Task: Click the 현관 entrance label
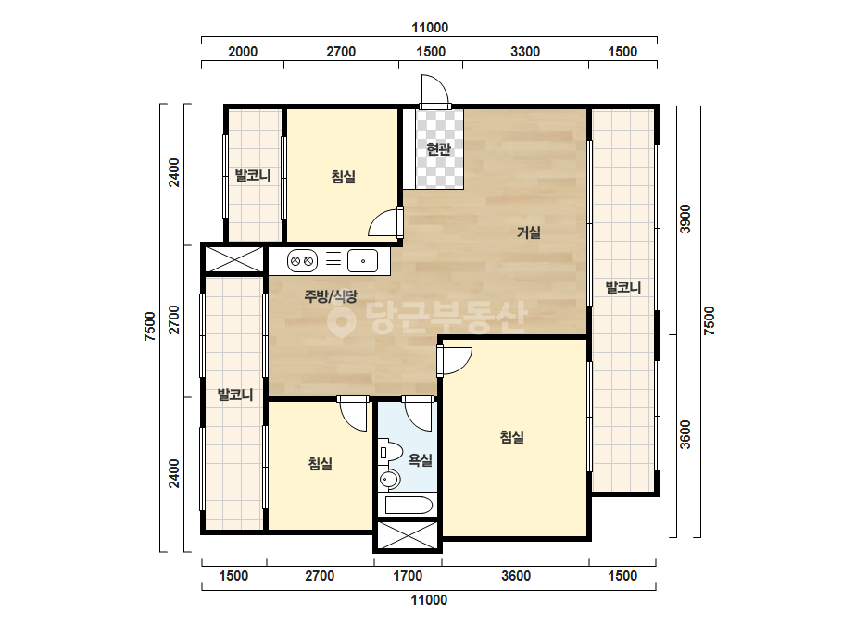[x=438, y=148]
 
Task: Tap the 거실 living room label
[x=529, y=232]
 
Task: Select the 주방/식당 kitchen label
[x=331, y=296]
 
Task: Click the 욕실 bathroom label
[x=420, y=460]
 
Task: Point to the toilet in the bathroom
[x=390, y=453]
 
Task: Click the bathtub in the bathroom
[x=409, y=506]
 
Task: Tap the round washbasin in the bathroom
[x=389, y=480]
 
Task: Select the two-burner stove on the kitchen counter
[x=302, y=260]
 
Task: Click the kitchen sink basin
[x=362, y=260]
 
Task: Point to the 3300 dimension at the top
[x=525, y=52]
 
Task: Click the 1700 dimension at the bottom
[x=408, y=576]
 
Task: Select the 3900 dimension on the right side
[x=685, y=219]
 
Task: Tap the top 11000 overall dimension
[x=430, y=28]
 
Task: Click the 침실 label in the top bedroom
[x=344, y=177]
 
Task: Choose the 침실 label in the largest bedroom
[x=512, y=437]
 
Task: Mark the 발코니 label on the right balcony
[x=623, y=287]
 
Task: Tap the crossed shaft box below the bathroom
[x=408, y=535]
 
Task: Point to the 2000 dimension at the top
[x=243, y=52]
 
